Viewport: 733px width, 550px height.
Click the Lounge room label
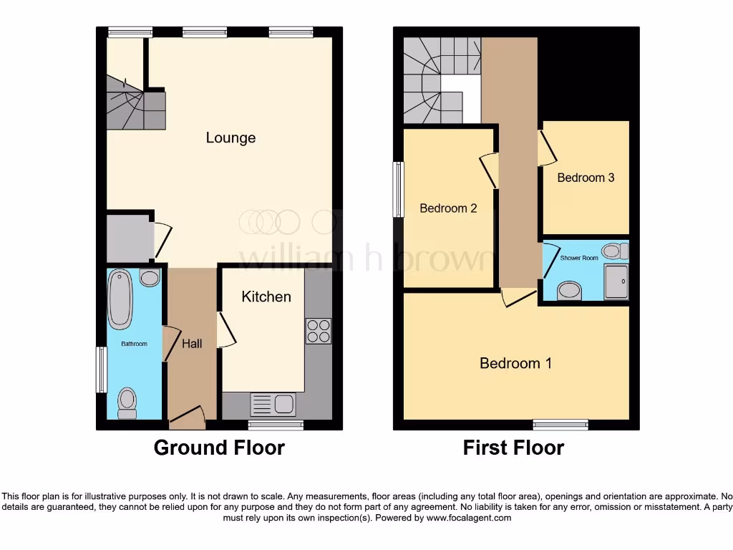click(230, 137)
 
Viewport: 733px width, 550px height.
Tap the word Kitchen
click(266, 296)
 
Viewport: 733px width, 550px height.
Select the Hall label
click(192, 344)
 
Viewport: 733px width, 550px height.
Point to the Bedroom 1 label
click(515, 363)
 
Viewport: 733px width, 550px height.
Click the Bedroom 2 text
click(448, 208)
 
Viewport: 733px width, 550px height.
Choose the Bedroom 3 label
click(586, 178)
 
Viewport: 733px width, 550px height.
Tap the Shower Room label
click(579, 258)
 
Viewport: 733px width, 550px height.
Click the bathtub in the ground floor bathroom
click(120, 299)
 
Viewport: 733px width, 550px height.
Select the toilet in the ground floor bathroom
click(127, 402)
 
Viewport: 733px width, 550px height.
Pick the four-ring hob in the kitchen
click(319, 330)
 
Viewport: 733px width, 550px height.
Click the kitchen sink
click(273, 405)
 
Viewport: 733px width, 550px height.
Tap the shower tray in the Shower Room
click(616, 281)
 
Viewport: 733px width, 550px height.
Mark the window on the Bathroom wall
click(101, 370)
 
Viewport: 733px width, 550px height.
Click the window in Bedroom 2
click(398, 188)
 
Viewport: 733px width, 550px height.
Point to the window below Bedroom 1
click(560, 425)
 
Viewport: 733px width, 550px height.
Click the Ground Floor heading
click(219, 448)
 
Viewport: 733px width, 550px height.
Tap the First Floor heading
click(513, 448)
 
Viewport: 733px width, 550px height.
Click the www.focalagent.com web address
click(470, 518)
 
